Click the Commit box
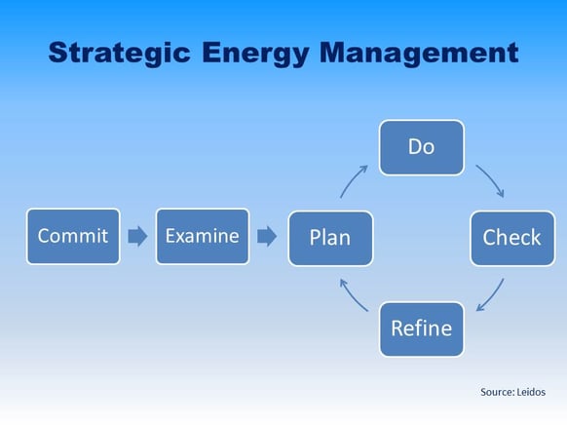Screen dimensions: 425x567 click(x=74, y=236)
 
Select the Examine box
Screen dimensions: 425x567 click(x=202, y=236)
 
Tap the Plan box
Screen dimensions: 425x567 click(x=330, y=238)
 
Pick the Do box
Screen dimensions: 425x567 click(x=421, y=147)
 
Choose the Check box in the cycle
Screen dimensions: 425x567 click(x=511, y=238)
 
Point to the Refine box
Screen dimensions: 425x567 click(x=421, y=328)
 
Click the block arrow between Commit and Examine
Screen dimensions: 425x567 click(x=137, y=236)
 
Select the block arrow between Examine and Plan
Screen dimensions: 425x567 click(x=266, y=236)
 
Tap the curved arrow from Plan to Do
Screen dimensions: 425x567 click(x=354, y=181)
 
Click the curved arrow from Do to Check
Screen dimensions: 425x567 click(x=490, y=180)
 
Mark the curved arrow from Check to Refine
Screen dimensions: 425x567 click(x=491, y=295)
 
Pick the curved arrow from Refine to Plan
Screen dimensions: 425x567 click(x=353, y=294)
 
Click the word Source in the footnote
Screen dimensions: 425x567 click(x=496, y=391)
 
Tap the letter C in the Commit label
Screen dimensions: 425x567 click(x=44, y=236)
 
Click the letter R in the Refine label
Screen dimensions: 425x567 click(x=397, y=328)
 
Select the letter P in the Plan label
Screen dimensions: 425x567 click(x=316, y=238)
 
